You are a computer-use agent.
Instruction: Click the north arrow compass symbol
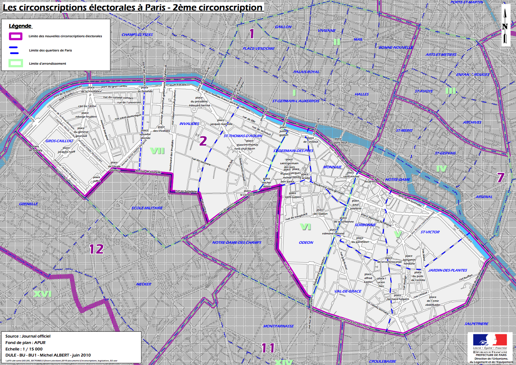505,26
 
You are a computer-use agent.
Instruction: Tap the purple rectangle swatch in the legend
16,36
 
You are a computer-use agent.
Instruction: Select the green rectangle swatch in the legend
16,63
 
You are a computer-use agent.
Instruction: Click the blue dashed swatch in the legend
14,50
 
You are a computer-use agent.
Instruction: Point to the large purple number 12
96,249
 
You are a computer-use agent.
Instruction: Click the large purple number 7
501,177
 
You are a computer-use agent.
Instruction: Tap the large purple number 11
268,348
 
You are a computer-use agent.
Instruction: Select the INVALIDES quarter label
189,124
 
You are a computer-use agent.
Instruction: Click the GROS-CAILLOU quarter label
59,141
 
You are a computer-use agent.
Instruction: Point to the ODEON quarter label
306,242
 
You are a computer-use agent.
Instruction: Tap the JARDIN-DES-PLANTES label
448,270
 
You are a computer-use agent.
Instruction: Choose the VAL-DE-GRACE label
348,291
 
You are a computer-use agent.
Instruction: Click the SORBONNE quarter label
365,225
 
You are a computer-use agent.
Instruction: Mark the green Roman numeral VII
157,151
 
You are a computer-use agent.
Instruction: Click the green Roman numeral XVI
42,294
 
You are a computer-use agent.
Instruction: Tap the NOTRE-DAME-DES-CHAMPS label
237,242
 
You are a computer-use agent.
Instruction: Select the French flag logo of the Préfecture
490,340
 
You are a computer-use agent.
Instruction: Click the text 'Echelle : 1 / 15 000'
24,349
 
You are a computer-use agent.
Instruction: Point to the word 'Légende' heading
20,26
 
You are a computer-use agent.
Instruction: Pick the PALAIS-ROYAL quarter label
306,72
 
